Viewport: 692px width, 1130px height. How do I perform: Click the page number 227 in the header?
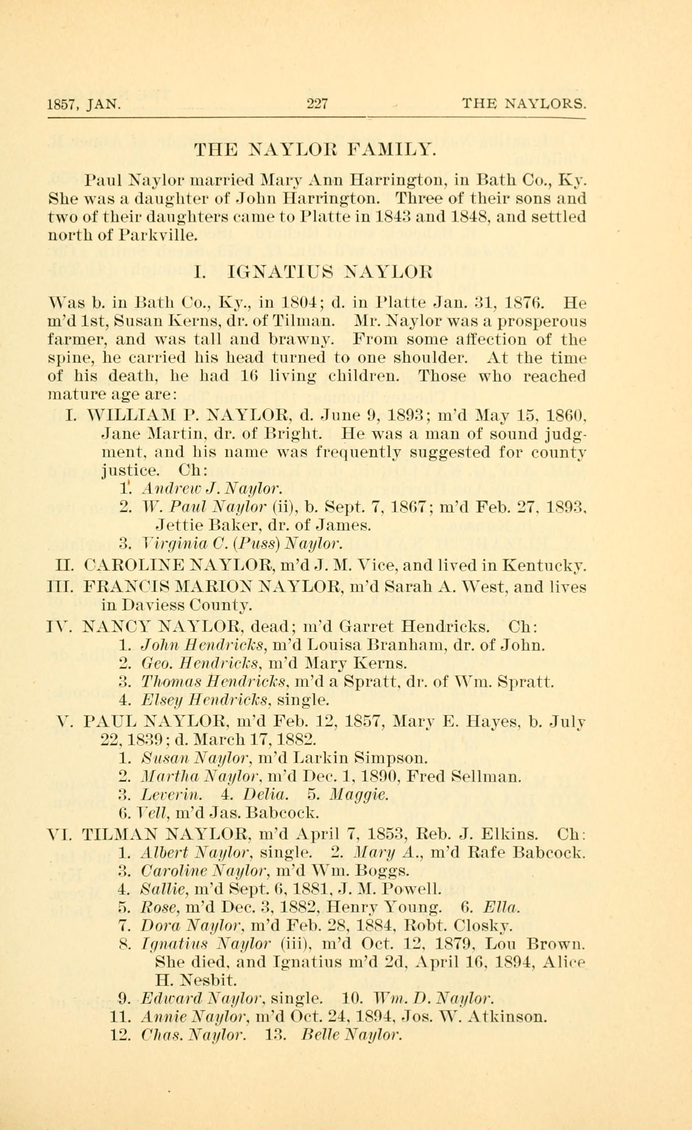tap(317, 104)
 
